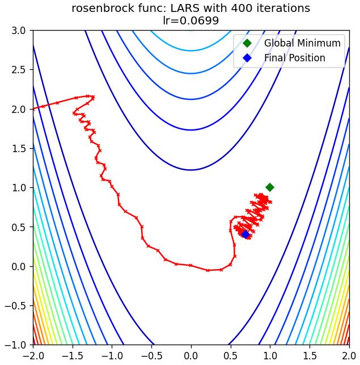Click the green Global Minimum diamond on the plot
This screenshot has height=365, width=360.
pos(270,187)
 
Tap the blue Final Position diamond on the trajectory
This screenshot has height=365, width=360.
pos(245,234)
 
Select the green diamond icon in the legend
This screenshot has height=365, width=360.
pos(247,43)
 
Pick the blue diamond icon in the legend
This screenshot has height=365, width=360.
pos(247,58)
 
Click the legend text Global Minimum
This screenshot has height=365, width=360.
pos(302,43)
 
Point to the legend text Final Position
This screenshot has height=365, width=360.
pos(295,58)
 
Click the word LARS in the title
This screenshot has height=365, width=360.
pos(185,9)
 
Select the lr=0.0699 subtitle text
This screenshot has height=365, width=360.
pos(190,20)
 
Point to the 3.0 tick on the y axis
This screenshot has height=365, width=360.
pos(19,31)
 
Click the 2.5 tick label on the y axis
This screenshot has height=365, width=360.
pos(19,70)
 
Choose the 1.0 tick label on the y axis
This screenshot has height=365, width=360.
pos(19,188)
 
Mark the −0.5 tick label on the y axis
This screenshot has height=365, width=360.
pos(15,305)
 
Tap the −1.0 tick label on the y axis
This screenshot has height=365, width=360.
pos(15,345)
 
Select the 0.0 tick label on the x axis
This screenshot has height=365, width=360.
pos(191,356)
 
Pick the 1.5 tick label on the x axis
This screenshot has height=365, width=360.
pos(310,356)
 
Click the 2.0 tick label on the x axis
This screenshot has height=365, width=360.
pos(349,356)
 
